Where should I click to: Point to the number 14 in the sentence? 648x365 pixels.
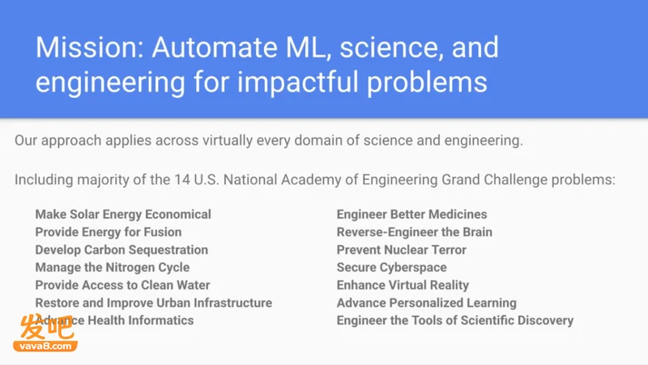click(181, 180)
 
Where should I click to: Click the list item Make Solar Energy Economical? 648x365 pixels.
click(123, 214)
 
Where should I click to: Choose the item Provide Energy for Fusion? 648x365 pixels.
click(109, 232)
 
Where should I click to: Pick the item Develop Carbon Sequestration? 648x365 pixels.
click(122, 250)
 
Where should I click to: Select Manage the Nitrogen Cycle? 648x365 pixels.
click(113, 268)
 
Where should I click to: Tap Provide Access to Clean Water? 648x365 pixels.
click(123, 285)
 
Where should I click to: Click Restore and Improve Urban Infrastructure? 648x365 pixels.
click(154, 303)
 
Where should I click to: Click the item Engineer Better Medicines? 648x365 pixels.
click(411, 214)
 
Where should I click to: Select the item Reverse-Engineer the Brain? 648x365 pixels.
click(415, 232)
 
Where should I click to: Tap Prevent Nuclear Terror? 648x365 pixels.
click(401, 250)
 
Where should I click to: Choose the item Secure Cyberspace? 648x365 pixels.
click(392, 268)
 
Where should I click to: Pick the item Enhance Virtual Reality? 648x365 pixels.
click(403, 286)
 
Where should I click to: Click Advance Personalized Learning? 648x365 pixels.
click(427, 303)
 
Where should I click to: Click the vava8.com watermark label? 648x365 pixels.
click(45, 346)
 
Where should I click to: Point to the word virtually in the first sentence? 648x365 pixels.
click(228, 141)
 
